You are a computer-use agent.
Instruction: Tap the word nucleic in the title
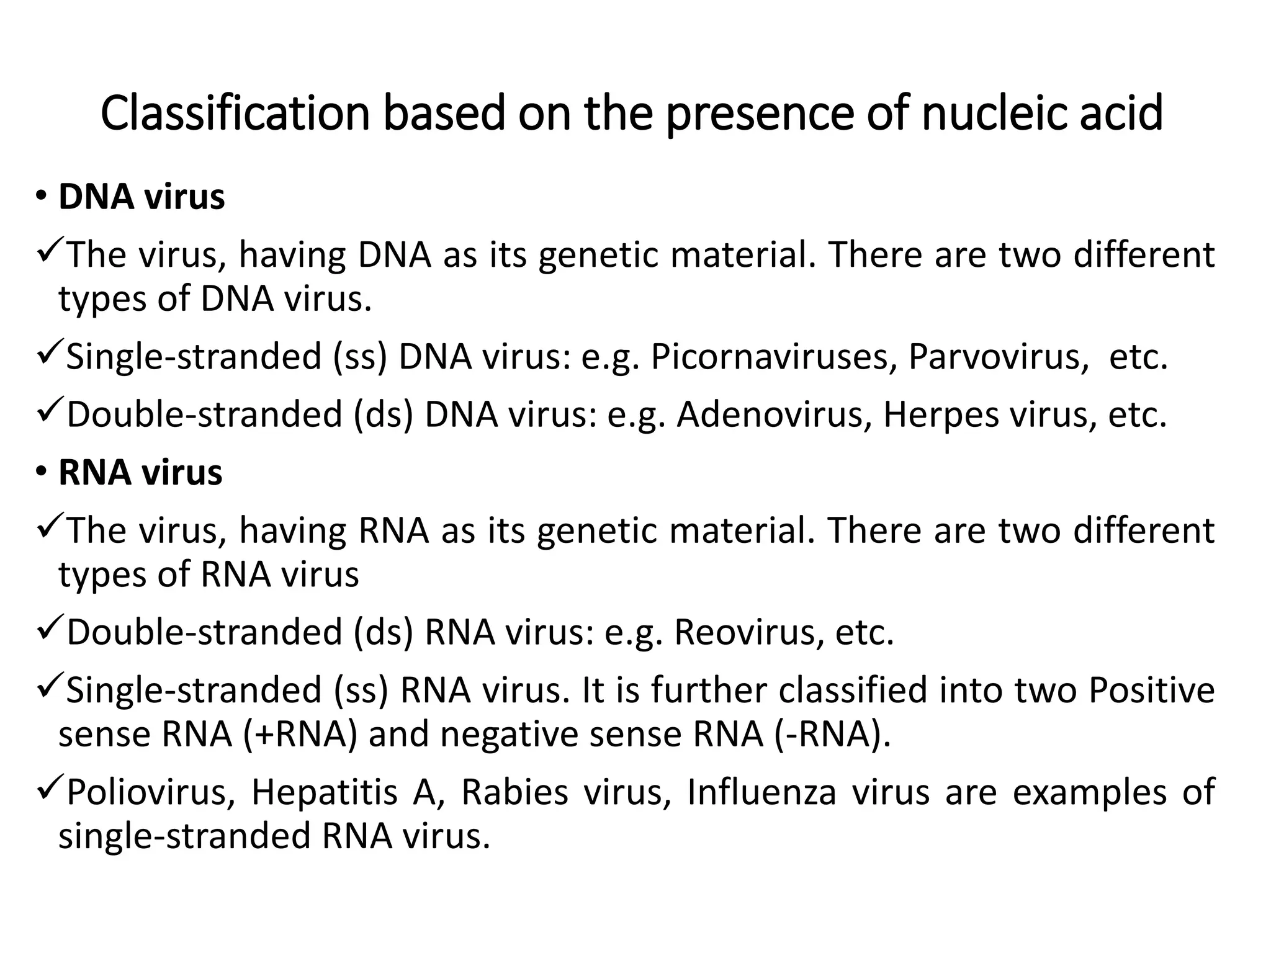point(993,114)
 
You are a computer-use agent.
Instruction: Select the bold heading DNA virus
point(141,197)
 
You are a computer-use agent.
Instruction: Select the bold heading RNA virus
point(140,472)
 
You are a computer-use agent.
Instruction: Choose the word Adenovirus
point(770,414)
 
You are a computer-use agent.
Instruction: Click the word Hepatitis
point(323,792)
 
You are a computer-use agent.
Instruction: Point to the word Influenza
point(761,792)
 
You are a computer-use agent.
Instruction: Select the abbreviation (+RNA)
point(300,735)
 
